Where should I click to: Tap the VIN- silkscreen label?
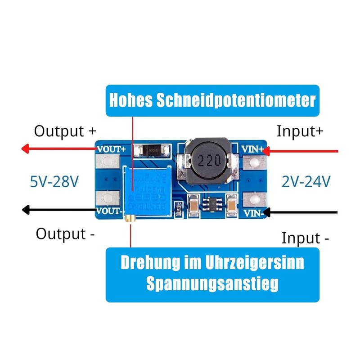[x=253, y=212]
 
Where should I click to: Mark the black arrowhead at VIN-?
[x=266, y=211]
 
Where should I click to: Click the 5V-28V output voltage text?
[x=54, y=182]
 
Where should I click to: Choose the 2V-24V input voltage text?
[x=306, y=182]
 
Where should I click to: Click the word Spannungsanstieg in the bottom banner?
[x=212, y=284]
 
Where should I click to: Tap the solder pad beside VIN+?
[x=254, y=162]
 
